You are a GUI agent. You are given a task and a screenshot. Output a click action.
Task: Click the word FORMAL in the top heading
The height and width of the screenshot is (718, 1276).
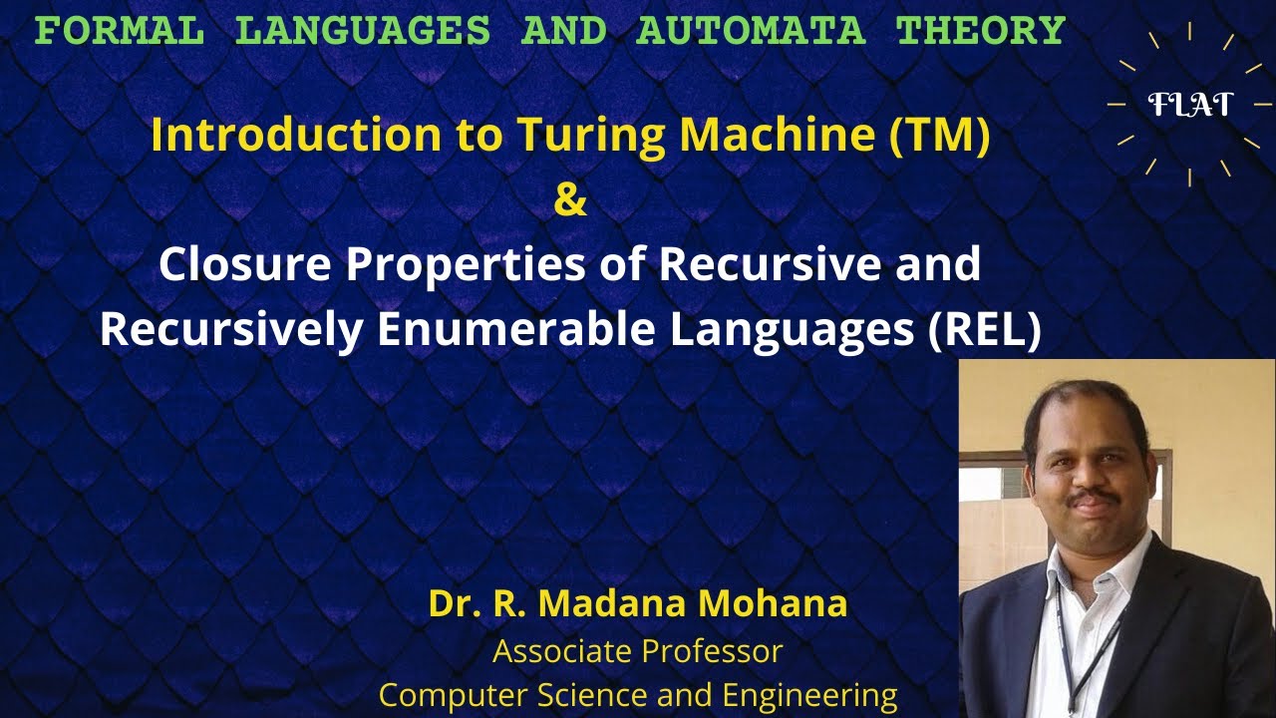[120, 31]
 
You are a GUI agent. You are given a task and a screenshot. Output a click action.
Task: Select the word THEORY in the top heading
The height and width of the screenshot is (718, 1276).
[981, 31]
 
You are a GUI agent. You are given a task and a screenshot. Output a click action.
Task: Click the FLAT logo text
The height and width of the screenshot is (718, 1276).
[1190, 104]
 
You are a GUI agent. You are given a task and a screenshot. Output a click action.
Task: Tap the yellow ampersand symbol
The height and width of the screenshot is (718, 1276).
[569, 200]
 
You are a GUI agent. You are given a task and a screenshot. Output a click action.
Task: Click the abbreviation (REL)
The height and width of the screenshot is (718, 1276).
[984, 330]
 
